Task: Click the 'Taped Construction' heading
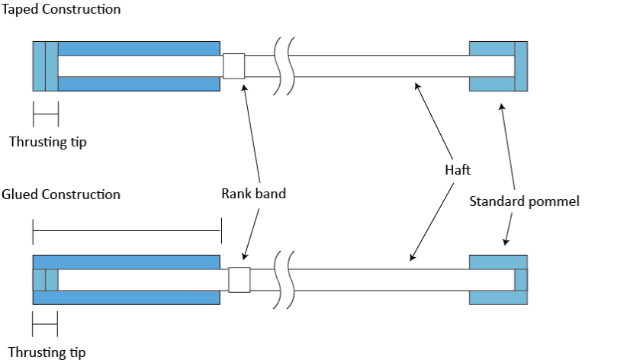[61, 9]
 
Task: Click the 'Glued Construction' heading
[61, 194]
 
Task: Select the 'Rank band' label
[253, 194]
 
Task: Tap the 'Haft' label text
[457, 170]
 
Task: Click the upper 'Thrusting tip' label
[47, 142]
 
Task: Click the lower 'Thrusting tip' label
[47, 352]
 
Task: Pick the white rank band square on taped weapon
[233, 66]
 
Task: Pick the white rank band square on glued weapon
[240, 279]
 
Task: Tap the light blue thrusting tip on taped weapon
[40, 66]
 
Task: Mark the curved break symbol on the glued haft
[284, 279]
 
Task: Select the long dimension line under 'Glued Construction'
[126, 230]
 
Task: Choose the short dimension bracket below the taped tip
[45, 114]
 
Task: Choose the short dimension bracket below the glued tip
[45, 325]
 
